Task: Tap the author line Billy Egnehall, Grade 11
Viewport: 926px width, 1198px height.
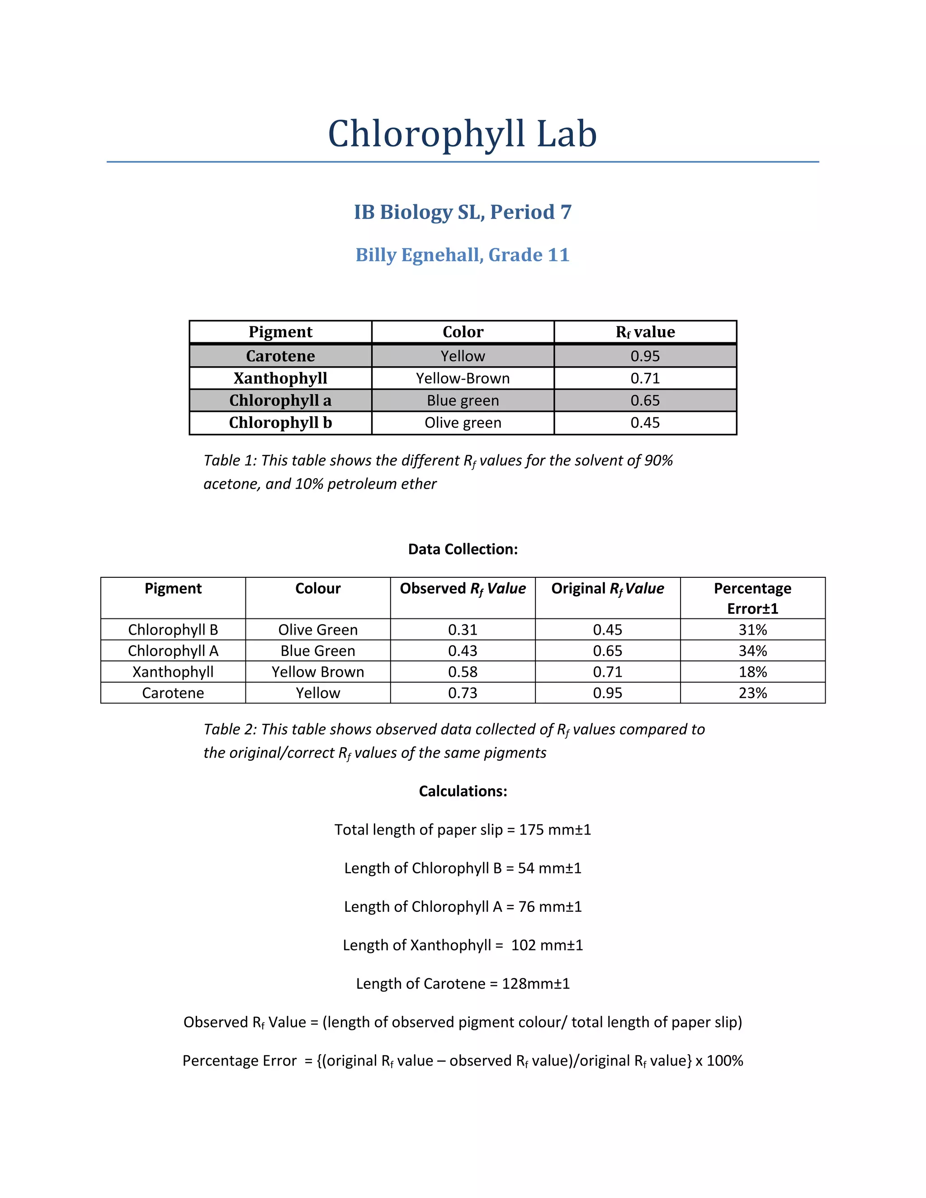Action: tap(463, 255)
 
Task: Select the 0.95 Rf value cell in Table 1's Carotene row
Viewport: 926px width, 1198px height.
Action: tap(645, 356)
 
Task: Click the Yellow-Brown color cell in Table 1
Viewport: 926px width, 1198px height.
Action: tap(463, 378)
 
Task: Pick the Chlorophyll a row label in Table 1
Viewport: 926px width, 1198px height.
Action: tap(280, 401)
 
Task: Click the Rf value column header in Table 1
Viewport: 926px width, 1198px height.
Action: tap(645, 332)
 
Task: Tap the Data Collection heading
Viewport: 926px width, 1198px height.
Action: tap(463, 549)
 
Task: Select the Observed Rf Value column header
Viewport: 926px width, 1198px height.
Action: tap(463, 589)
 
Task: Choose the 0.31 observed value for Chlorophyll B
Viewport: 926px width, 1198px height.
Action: tap(463, 630)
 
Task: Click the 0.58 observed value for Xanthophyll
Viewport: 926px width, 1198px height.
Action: tap(463, 672)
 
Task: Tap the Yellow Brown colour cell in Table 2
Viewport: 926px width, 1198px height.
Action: tap(317, 672)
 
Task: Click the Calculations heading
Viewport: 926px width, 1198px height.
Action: tap(463, 791)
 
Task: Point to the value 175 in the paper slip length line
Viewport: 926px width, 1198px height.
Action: tap(531, 830)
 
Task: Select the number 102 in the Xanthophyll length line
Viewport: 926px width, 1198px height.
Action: tap(523, 945)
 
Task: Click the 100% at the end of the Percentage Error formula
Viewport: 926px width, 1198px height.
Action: tap(724, 1060)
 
